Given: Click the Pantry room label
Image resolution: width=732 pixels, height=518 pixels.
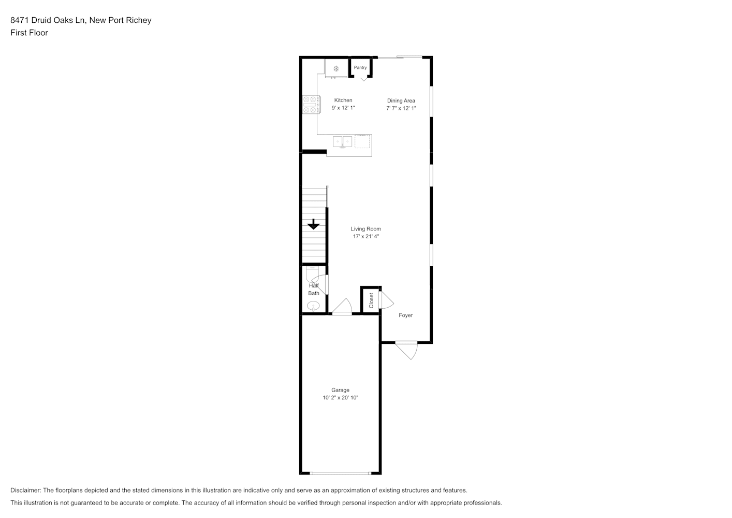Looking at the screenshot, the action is tap(360, 67).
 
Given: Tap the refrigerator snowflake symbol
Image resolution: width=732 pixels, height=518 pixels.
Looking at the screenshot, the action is tap(336, 69).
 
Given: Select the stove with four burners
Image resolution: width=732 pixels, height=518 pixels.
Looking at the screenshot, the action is tap(311, 105).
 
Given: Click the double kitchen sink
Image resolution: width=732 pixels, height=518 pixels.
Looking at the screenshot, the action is tap(343, 142).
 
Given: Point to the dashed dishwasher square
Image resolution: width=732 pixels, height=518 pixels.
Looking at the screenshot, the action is tap(362, 141).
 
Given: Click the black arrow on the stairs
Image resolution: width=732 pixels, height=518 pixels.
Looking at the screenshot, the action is tap(313, 224).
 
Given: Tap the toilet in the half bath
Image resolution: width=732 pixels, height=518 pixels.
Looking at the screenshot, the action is tap(312, 275).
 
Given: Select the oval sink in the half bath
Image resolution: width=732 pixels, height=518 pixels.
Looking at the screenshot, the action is tap(313, 306).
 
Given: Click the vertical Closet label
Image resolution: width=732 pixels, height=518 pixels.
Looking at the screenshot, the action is tap(371, 300).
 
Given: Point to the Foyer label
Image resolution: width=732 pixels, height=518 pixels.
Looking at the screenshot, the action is tap(405, 315).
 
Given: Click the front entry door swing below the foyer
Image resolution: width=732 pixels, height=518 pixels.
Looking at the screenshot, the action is tap(407, 350).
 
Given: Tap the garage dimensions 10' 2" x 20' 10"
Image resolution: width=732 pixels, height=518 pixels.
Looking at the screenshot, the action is tap(341, 398).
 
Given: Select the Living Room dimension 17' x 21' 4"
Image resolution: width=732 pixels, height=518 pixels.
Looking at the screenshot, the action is tap(366, 236).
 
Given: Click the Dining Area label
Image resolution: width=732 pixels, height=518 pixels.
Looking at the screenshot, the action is tap(401, 100).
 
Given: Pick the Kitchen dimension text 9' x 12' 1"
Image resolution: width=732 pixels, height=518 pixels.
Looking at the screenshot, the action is tap(343, 108).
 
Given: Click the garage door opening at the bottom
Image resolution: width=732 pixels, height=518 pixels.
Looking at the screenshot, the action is tap(341, 473).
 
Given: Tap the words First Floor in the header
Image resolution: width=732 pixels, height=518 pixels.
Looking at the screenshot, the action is tap(29, 33).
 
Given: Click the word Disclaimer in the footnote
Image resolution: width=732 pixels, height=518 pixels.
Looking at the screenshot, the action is tap(25, 490).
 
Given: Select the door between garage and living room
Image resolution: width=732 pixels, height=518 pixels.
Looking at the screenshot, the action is tap(342, 307).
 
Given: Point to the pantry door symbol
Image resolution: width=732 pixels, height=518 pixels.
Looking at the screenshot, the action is tap(364, 79).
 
